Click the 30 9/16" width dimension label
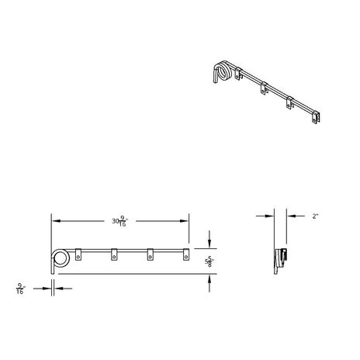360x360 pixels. coord(119,222)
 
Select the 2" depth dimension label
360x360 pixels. coord(315,216)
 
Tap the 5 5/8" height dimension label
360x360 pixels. coord(209,261)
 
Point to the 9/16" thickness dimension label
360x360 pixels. coord(21,289)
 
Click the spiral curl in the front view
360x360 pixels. coord(61,258)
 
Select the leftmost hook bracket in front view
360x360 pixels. coord(78,254)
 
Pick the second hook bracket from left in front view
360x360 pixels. coord(114,254)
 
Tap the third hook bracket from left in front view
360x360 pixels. coord(150,254)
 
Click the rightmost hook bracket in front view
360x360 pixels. coord(186,254)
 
